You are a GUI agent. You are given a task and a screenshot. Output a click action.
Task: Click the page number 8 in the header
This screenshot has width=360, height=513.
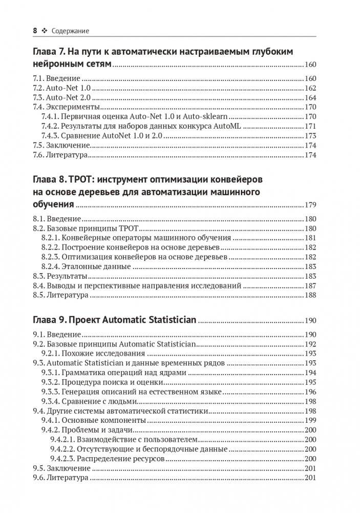point(35,31)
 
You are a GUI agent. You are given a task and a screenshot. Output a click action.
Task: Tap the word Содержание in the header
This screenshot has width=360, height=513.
point(70,31)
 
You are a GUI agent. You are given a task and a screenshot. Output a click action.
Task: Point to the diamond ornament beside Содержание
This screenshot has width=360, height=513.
point(44,31)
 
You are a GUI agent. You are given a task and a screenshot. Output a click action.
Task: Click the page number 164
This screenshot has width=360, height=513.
point(310,97)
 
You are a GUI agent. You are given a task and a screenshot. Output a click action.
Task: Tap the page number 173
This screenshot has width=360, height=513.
point(310,136)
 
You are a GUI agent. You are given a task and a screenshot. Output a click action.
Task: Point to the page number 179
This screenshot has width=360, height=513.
point(310,205)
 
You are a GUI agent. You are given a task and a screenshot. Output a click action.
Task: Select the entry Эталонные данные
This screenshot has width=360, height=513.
point(97,266)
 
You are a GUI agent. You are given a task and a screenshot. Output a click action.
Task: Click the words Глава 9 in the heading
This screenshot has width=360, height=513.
point(49,320)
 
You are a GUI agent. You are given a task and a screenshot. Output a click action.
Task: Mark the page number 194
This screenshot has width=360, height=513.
point(310,373)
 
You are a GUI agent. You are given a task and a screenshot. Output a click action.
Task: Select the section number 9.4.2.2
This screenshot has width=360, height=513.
point(64,449)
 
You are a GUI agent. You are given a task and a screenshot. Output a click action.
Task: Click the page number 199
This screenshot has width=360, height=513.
point(310,420)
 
